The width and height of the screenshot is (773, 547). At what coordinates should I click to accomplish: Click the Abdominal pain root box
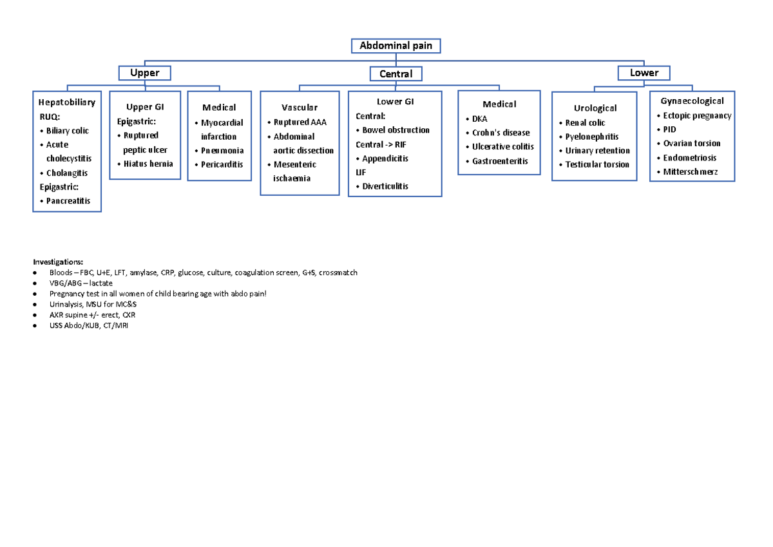coord(396,46)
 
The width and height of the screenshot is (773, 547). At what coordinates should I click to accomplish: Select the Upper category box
coord(144,73)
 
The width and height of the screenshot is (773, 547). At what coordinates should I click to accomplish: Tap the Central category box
coord(396,74)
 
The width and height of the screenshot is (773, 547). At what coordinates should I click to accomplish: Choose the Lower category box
coord(644,73)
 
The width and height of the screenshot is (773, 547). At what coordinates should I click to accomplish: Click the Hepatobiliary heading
coord(67,102)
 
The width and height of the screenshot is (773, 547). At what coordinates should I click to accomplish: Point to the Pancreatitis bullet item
coord(68,201)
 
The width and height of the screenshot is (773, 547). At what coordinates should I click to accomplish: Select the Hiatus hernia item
coord(148,164)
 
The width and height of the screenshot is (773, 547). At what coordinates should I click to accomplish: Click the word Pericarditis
coord(222,165)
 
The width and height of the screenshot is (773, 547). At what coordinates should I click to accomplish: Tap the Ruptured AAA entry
coord(300,122)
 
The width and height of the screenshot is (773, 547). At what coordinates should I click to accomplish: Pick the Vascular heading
coord(300,108)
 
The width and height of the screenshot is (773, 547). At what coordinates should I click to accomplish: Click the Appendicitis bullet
coord(385,158)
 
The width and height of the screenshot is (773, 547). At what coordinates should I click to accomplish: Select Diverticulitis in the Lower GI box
coord(385,186)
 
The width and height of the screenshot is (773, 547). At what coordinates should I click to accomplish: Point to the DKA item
coord(480,119)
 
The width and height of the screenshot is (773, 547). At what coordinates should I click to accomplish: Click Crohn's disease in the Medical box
coord(501,133)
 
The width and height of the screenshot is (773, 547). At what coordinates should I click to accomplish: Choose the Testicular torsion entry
coord(597,165)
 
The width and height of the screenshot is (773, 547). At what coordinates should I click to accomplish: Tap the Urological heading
coord(595,108)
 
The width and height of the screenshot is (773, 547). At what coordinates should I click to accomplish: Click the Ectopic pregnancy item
coord(697,116)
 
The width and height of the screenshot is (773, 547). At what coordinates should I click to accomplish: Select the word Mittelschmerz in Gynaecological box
coord(690,172)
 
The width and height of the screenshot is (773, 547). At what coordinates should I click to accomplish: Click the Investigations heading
coord(58,262)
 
